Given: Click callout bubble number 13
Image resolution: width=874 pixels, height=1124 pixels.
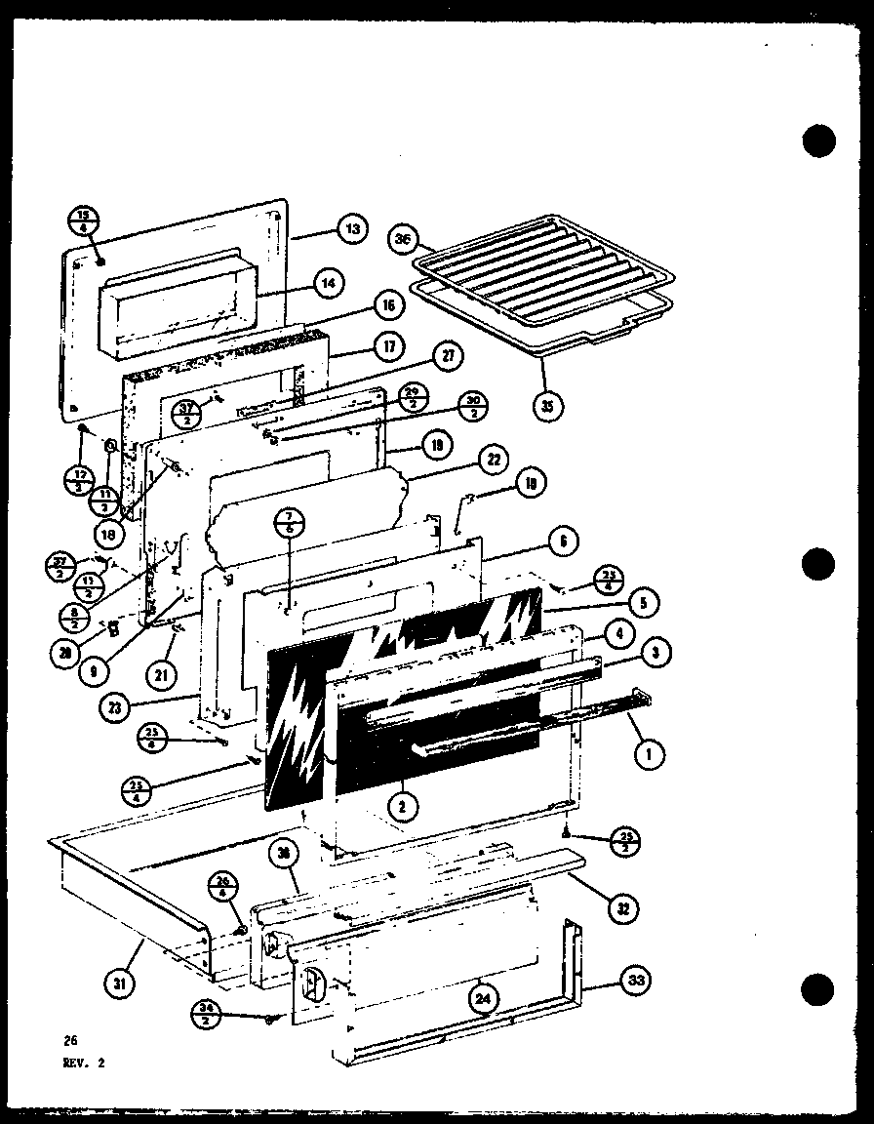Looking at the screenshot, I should pos(351,228).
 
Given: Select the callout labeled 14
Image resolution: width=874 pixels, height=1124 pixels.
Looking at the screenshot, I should pos(331,283).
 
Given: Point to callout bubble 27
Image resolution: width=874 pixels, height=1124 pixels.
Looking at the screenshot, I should pos(448,356).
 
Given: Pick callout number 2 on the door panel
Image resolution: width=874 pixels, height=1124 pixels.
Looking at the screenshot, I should pos(401,805).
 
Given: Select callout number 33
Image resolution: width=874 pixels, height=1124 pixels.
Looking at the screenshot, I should pos(638,980).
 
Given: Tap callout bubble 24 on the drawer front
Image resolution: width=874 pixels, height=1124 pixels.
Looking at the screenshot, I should pos(483,999).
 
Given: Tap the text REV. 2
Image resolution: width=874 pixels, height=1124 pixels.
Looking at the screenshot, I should pos(81,1064).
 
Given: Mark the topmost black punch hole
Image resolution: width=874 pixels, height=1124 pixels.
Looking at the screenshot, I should pos(820,141).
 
